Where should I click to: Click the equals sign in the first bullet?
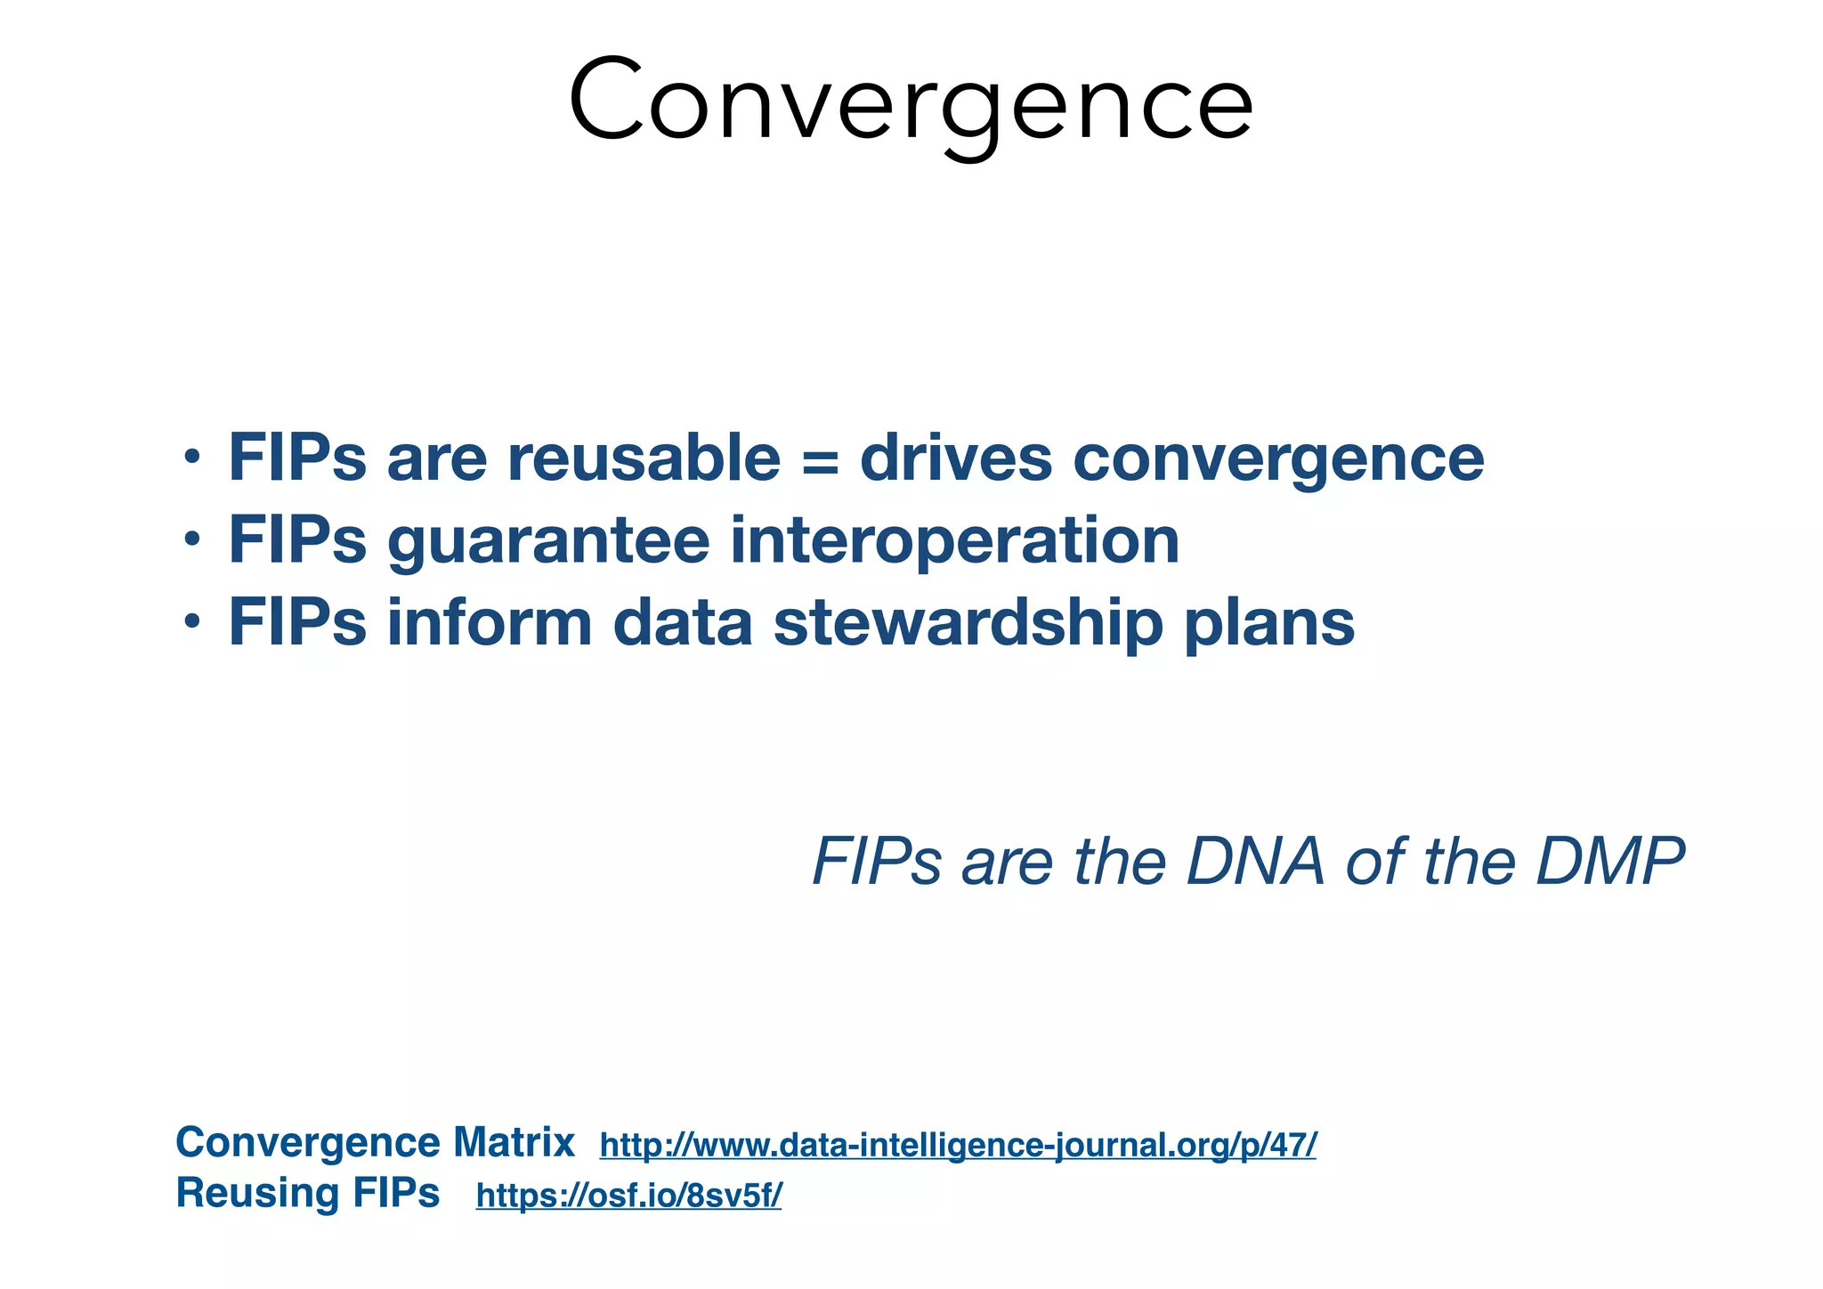pyautogui.click(x=819, y=460)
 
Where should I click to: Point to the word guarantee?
pyautogui.click(x=548, y=543)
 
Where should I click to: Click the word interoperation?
pyautogui.click(x=954, y=541)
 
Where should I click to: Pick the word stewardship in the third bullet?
pyautogui.click(x=968, y=624)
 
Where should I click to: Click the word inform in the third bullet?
pyautogui.click(x=489, y=623)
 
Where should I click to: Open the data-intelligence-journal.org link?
pyautogui.click(x=958, y=1145)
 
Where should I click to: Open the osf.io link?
pyautogui.click(x=628, y=1196)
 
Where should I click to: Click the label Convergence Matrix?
pyautogui.click(x=375, y=1142)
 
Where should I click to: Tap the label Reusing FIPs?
pyautogui.click(x=308, y=1193)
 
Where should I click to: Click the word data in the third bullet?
pyautogui.click(x=683, y=623)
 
